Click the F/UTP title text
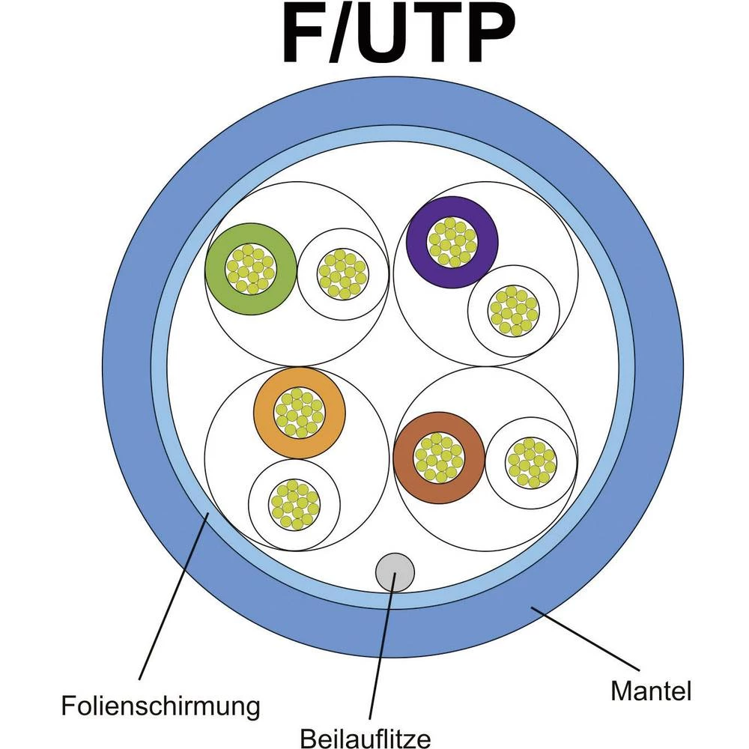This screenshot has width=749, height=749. pos(398,35)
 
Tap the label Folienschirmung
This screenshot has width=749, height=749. pos(161,705)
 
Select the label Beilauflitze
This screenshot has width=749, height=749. pos(366,738)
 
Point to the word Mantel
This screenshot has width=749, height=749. pos(651,690)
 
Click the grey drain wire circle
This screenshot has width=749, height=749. pos(395,571)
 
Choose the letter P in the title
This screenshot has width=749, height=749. pos(489,35)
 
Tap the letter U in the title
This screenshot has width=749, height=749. pos(387,35)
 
